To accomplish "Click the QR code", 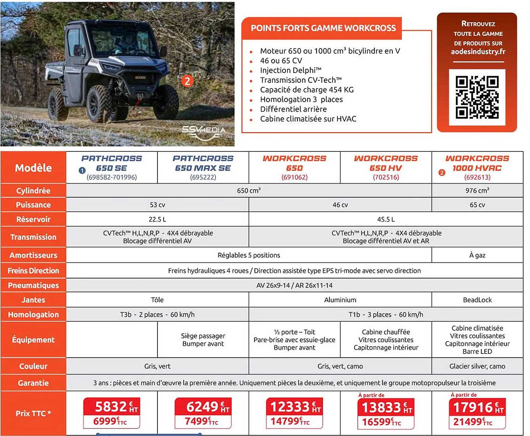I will tap(477, 97).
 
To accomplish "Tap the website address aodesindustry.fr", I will tap(478, 52).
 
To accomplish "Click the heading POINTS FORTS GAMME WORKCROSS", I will tap(323, 28).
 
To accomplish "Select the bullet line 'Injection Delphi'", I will tap(290, 71).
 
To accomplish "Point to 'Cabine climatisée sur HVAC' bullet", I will tap(308, 119).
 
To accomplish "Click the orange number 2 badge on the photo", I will tap(187, 81).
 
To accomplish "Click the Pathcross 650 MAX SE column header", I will tap(203, 167).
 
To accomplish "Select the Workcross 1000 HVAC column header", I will tap(477, 167).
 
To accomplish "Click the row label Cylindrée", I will tap(33, 191).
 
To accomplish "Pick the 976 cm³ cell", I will tap(477, 191).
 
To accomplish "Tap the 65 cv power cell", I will tap(477, 205).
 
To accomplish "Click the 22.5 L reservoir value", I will tap(157, 219).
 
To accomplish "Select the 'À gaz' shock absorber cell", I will tap(477, 255).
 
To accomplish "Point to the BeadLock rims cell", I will tap(477, 300).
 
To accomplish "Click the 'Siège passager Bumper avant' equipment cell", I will tap(203, 340).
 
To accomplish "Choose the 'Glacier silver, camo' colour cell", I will tap(477, 366).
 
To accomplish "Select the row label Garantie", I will tap(33, 383).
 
